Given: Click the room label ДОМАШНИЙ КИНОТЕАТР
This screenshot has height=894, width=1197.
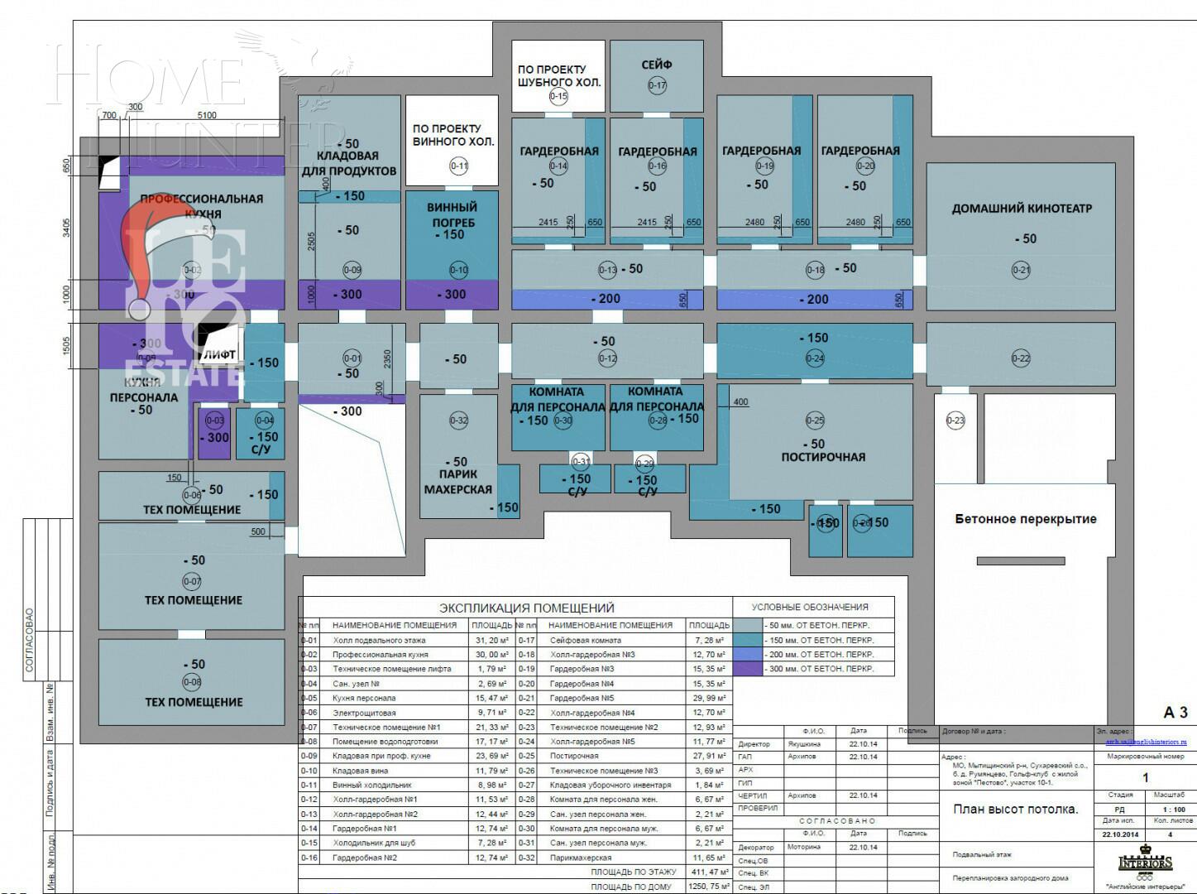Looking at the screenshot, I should click(1022, 209).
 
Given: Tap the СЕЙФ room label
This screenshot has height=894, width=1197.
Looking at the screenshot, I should click(657, 65).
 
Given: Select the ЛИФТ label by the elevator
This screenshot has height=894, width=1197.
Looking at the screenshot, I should click(220, 354).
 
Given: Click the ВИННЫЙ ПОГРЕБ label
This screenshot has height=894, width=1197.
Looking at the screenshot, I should click(452, 214).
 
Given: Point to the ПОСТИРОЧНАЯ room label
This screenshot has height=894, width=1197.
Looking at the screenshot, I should click(823, 457).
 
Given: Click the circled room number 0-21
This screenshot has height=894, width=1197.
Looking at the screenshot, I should click(1021, 270).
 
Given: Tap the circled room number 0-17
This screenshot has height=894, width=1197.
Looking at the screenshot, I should click(657, 85).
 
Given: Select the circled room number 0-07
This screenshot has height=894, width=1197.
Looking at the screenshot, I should click(192, 581).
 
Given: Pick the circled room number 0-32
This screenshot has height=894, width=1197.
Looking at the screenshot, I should click(458, 421).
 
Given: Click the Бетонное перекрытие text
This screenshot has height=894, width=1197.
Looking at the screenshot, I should click(1025, 519).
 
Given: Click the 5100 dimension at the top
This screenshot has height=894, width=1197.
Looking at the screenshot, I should click(207, 115).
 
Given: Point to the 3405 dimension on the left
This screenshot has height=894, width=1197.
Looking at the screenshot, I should click(67, 228).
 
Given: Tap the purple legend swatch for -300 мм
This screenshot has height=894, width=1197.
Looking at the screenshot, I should click(748, 669).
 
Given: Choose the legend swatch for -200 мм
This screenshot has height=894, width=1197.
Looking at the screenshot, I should click(748, 654).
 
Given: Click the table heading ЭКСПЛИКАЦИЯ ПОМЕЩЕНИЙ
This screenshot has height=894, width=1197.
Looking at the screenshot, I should click(526, 608).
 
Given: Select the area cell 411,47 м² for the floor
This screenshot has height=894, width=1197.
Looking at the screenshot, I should click(709, 872).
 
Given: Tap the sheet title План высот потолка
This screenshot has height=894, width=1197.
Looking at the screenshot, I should click(1016, 809).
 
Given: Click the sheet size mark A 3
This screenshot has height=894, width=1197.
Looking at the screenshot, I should click(1175, 712).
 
